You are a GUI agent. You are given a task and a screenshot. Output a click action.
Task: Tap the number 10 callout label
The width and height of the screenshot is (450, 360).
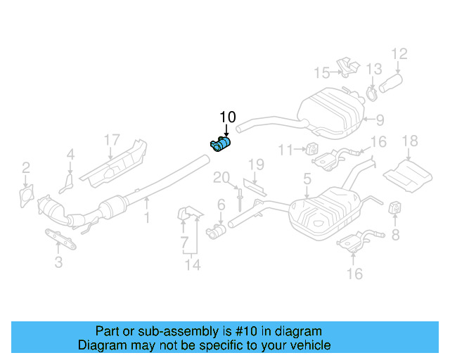tap(229, 117)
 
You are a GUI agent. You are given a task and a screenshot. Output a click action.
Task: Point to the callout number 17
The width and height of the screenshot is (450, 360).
tap(112, 140)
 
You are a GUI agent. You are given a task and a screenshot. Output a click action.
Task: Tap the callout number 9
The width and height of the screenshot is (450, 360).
tap(379, 120)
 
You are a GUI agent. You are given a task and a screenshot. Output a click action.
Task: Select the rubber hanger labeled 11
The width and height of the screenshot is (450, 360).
tap(309, 148)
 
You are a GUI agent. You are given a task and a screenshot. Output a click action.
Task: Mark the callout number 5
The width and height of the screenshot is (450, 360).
tap(307, 181)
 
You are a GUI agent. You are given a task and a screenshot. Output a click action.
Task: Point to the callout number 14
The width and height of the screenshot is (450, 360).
tap(192, 265)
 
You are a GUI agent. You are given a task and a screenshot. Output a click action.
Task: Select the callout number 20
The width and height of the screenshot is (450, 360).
tap(221, 176)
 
